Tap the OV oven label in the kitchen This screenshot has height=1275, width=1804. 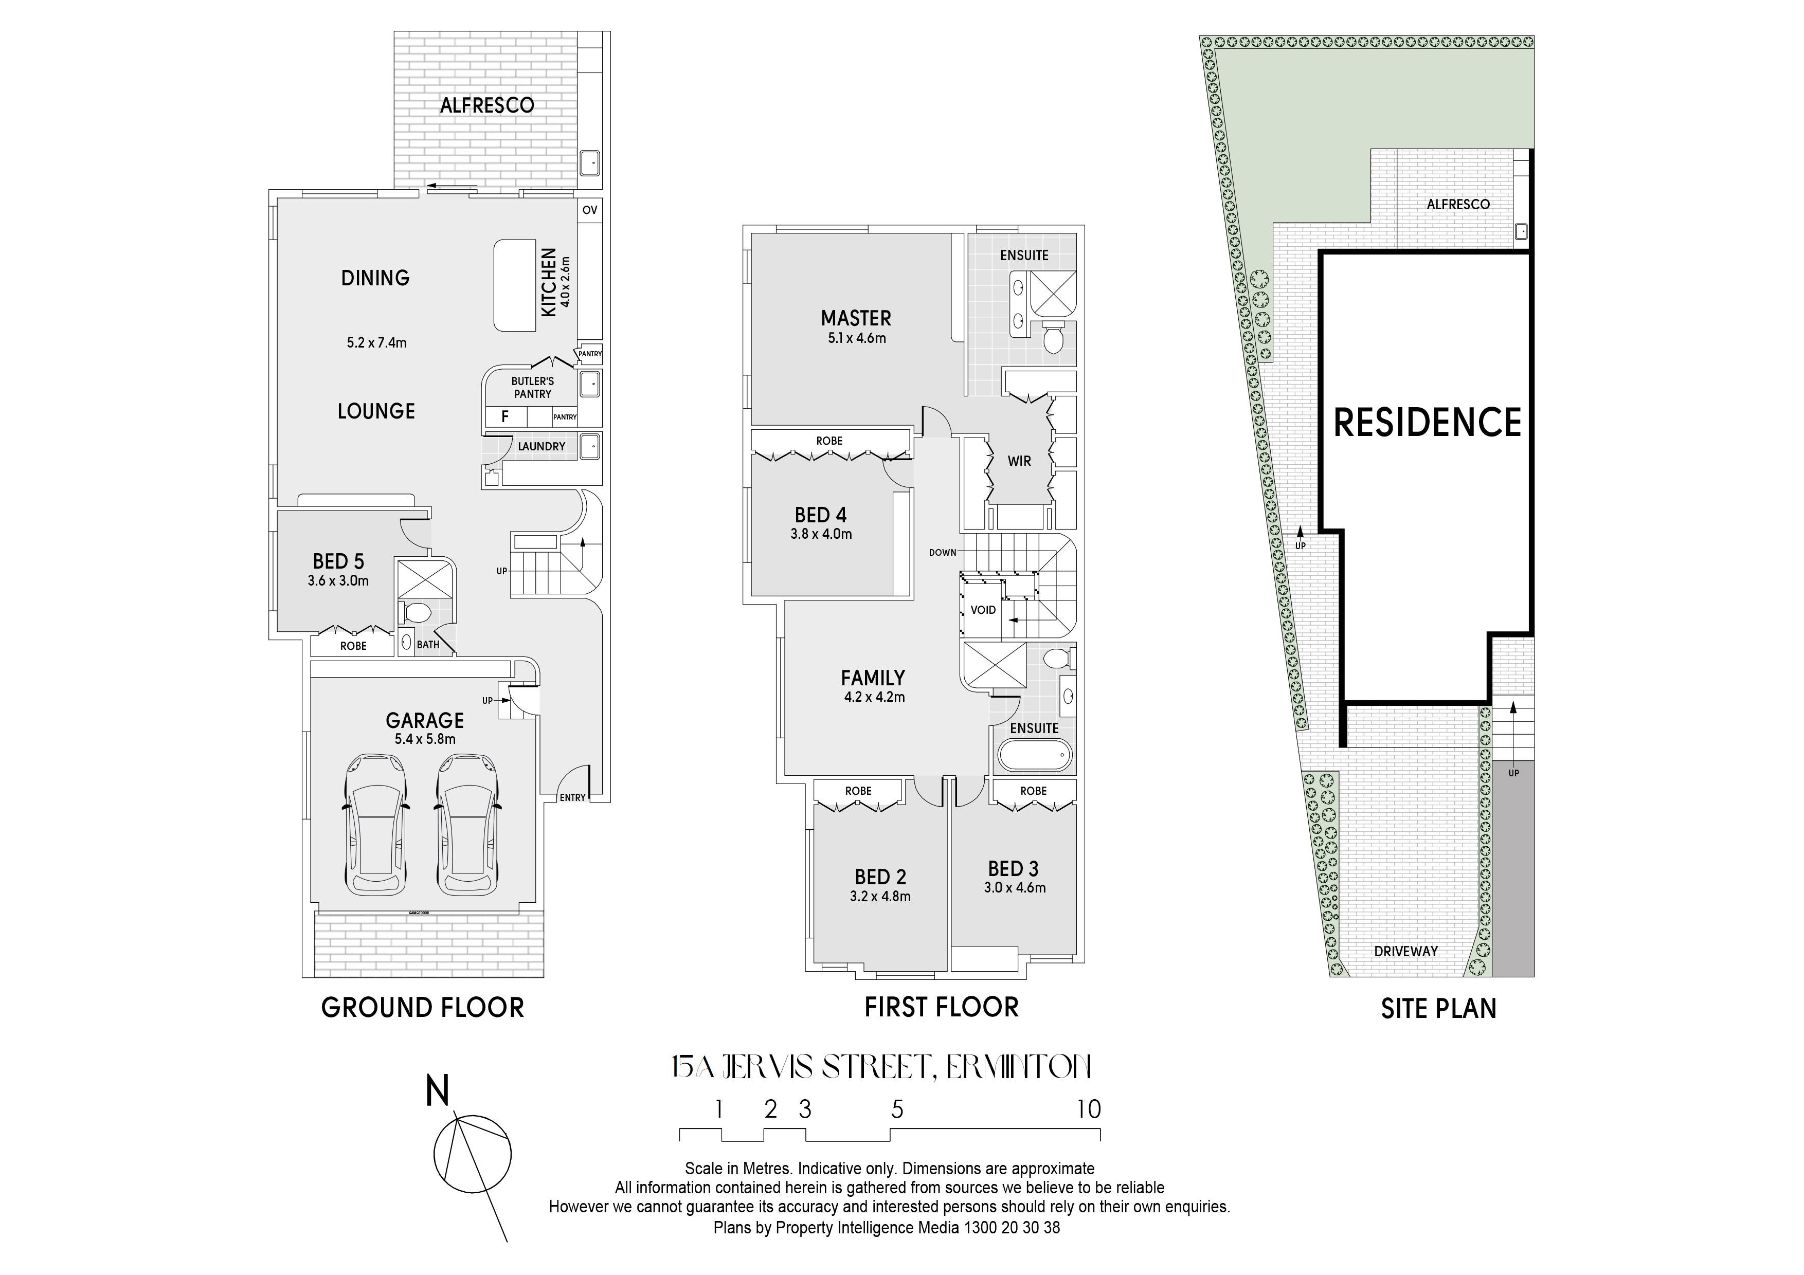[589, 210]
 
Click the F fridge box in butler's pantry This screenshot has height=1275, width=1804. [505, 416]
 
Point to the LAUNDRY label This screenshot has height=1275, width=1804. [542, 446]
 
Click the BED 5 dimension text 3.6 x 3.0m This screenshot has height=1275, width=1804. [339, 581]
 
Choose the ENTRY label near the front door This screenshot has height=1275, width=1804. [573, 797]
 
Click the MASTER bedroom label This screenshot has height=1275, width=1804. [856, 318]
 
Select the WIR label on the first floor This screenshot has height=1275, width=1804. [1019, 461]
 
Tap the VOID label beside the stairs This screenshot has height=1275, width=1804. [983, 610]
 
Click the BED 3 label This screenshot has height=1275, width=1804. [1014, 869]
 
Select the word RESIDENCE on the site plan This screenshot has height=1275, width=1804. [1428, 423]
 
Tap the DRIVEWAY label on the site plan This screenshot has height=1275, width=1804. [1406, 951]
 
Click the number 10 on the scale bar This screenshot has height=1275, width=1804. [1089, 1109]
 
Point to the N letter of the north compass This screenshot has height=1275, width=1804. [438, 1092]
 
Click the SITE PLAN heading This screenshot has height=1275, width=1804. [1439, 1009]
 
